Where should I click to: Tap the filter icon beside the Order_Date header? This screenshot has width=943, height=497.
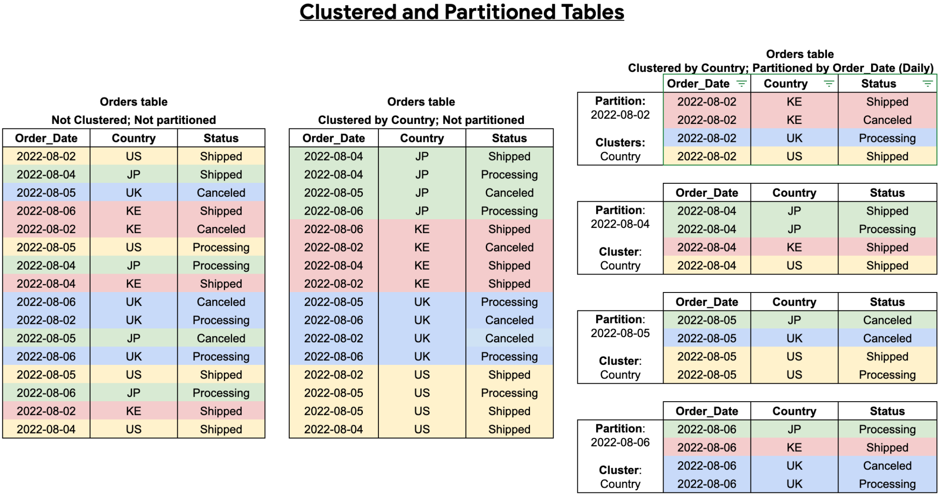click(741, 83)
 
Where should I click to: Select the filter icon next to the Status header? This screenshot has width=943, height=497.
click(927, 83)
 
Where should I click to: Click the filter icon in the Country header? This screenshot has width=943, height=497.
click(829, 83)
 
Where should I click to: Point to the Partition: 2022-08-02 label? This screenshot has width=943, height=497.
click(620, 108)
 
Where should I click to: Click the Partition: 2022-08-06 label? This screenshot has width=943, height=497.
click(620, 435)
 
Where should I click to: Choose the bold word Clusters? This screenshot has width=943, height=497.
click(620, 142)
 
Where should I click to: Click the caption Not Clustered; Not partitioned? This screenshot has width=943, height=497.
click(134, 120)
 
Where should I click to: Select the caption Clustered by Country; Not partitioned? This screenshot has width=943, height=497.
click(421, 120)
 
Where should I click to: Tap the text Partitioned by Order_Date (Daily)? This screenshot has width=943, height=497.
click(843, 68)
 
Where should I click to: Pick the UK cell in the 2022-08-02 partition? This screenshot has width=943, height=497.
click(794, 138)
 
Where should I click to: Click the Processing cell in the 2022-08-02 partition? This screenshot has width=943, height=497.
click(887, 138)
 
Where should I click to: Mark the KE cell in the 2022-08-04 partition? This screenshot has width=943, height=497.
click(794, 247)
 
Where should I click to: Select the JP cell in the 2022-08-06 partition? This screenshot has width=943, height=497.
click(794, 429)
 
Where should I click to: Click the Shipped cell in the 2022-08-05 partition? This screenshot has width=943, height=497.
click(887, 357)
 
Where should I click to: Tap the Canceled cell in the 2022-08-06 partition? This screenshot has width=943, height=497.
click(887, 466)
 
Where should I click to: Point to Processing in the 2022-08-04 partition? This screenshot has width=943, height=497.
click(887, 229)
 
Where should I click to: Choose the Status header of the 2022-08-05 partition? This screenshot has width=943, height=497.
click(887, 302)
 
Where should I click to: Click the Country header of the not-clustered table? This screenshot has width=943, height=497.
click(134, 138)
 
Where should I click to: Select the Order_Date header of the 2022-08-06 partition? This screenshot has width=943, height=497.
click(706, 411)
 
